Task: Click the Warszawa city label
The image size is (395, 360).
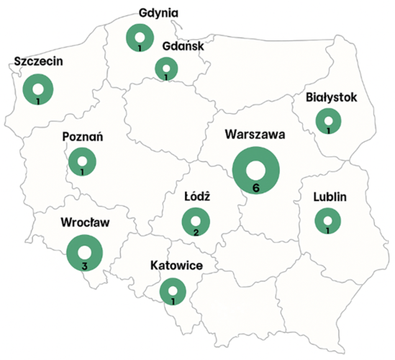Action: [255, 135]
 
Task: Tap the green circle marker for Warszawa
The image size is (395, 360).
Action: [255, 170]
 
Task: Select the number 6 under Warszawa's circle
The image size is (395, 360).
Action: [255, 188]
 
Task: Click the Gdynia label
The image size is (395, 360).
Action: [158, 13]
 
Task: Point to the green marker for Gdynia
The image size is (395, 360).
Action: [139, 37]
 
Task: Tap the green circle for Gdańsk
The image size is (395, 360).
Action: [167, 68]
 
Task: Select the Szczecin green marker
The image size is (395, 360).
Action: [37, 90]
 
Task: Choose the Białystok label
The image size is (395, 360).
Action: [332, 96]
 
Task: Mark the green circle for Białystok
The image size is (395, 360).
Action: [329, 121]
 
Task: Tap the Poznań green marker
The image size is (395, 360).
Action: [82, 162]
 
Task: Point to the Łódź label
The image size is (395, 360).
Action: [196, 196]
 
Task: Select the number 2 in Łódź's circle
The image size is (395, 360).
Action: [196, 232]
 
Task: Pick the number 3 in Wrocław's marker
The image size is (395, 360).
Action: [84, 265]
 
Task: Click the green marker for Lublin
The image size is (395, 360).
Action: [328, 221]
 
